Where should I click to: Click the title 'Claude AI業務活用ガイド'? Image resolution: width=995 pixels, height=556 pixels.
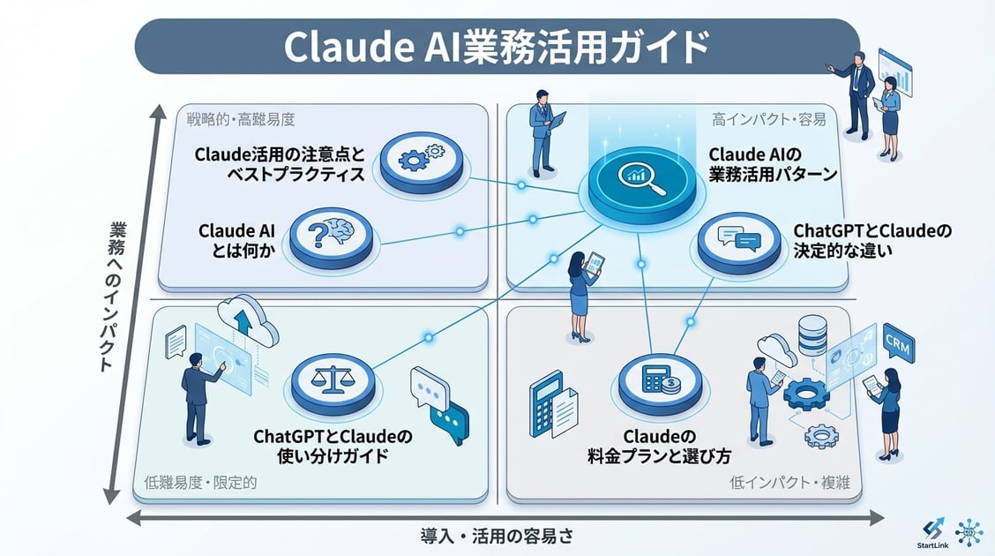497,46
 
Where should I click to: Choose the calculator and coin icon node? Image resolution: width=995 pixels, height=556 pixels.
658,379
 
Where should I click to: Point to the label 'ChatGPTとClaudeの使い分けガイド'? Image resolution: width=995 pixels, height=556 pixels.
333,447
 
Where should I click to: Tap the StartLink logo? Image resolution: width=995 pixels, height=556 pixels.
933,532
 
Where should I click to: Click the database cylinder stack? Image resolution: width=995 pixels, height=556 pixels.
812,334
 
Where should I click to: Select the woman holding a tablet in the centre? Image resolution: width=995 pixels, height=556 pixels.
582,296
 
